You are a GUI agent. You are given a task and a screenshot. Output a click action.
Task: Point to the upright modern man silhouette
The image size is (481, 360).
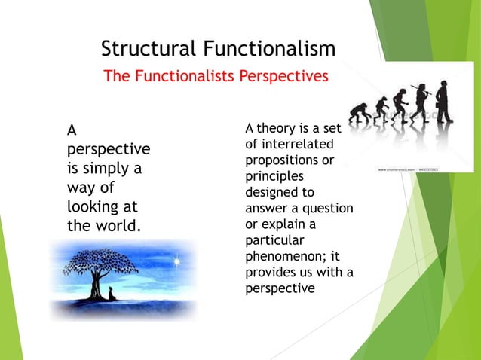tap(444, 102)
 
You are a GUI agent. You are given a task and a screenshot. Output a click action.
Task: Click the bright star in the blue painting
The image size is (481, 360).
tap(179, 262)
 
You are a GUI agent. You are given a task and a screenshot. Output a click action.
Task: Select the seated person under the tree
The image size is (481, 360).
tap(113, 292)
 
